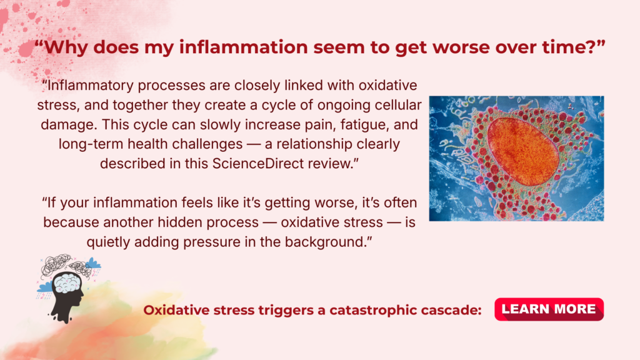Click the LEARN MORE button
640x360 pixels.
click(x=549, y=309)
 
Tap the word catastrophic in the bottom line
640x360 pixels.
click(x=374, y=310)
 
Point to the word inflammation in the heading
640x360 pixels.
click(x=244, y=47)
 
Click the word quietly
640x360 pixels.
click(x=108, y=242)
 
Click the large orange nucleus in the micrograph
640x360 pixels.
click(x=523, y=151)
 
